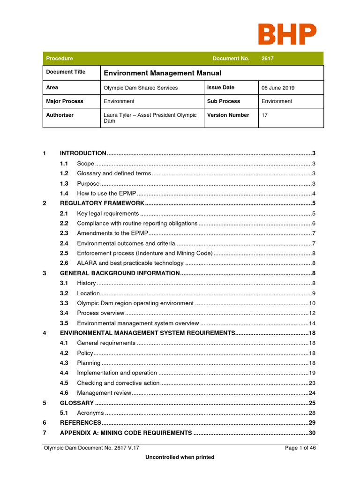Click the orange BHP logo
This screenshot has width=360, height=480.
coord(287,35)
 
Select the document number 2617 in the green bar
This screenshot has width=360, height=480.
coord(268,59)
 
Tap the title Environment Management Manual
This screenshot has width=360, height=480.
coord(162,73)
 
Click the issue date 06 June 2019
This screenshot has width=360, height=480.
coord(278,88)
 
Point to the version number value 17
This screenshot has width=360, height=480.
coord(264,115)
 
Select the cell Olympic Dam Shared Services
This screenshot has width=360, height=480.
coord(140,88)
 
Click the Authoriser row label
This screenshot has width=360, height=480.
coord(60,115)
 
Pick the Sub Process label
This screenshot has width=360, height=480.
coord(223,101)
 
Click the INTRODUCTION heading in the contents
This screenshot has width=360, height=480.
coord(83,153)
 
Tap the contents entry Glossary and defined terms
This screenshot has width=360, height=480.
coord(114,173)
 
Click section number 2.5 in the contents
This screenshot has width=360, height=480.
coord(64,253)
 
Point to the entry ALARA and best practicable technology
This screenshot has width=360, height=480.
coord(130,263)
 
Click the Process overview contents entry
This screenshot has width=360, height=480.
coord(101,313)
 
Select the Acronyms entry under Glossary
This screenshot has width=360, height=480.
coord(90,413)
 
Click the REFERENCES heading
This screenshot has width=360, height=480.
coord(80,423)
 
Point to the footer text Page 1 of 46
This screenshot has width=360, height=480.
coord(300,448)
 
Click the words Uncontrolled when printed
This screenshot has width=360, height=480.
coord(180,457)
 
